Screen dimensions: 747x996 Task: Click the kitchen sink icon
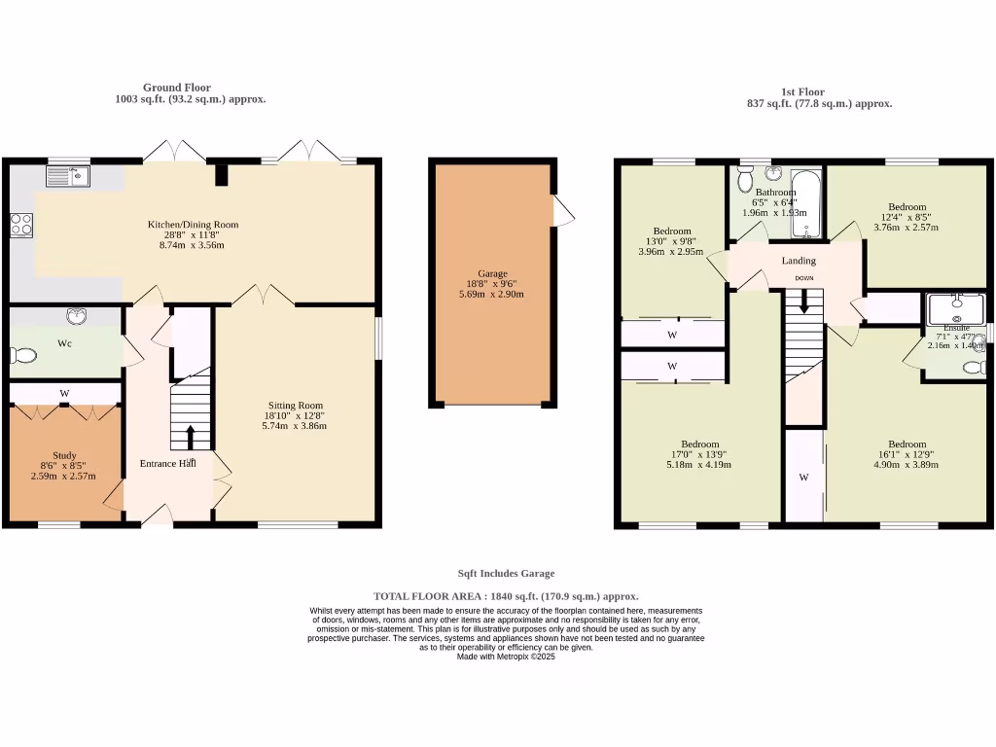(68, 176)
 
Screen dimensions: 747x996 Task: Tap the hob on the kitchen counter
(20, 226)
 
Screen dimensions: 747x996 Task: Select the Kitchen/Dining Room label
(193, 225)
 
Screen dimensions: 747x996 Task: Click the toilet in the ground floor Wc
(23, 356)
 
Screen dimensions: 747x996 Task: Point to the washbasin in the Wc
(76, 316)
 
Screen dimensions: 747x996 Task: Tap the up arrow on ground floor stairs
(190, 436)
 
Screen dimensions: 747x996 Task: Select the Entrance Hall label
(168, 464)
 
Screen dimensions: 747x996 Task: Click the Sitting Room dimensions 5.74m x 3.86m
(296, 426)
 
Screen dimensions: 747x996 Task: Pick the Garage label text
(492, 274)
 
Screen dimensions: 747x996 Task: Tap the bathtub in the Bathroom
(807, 204)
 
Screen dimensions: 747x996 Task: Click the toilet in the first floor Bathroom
(745, 179)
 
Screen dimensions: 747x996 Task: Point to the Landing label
(799, 261)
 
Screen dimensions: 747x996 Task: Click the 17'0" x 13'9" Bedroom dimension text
(699, 454)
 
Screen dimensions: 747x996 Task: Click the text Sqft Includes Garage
(506, 574)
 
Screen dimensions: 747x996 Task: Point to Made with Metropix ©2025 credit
(506, 657)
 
